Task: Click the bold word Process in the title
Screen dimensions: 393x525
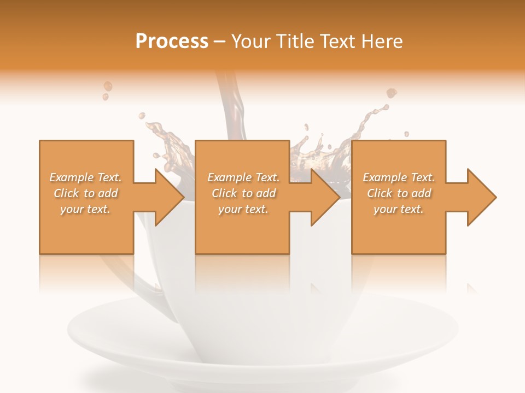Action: (172, 41)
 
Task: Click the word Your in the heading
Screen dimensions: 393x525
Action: (252, 41)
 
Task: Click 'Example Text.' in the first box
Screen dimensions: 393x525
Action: (85, 177)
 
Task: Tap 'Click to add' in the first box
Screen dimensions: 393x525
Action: (85, 193)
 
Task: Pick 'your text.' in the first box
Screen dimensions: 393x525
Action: (85, 209)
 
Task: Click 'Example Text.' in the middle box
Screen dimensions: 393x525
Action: (243, 177)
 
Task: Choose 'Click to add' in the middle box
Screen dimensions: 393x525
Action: (243, 193)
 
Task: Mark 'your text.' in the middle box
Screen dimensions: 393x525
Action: (243, 209)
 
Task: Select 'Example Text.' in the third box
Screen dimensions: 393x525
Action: (399, 177)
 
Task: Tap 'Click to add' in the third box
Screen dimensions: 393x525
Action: (399, 193)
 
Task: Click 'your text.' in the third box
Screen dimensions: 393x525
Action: (399, 209)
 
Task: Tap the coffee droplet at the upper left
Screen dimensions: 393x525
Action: (108, 86)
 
